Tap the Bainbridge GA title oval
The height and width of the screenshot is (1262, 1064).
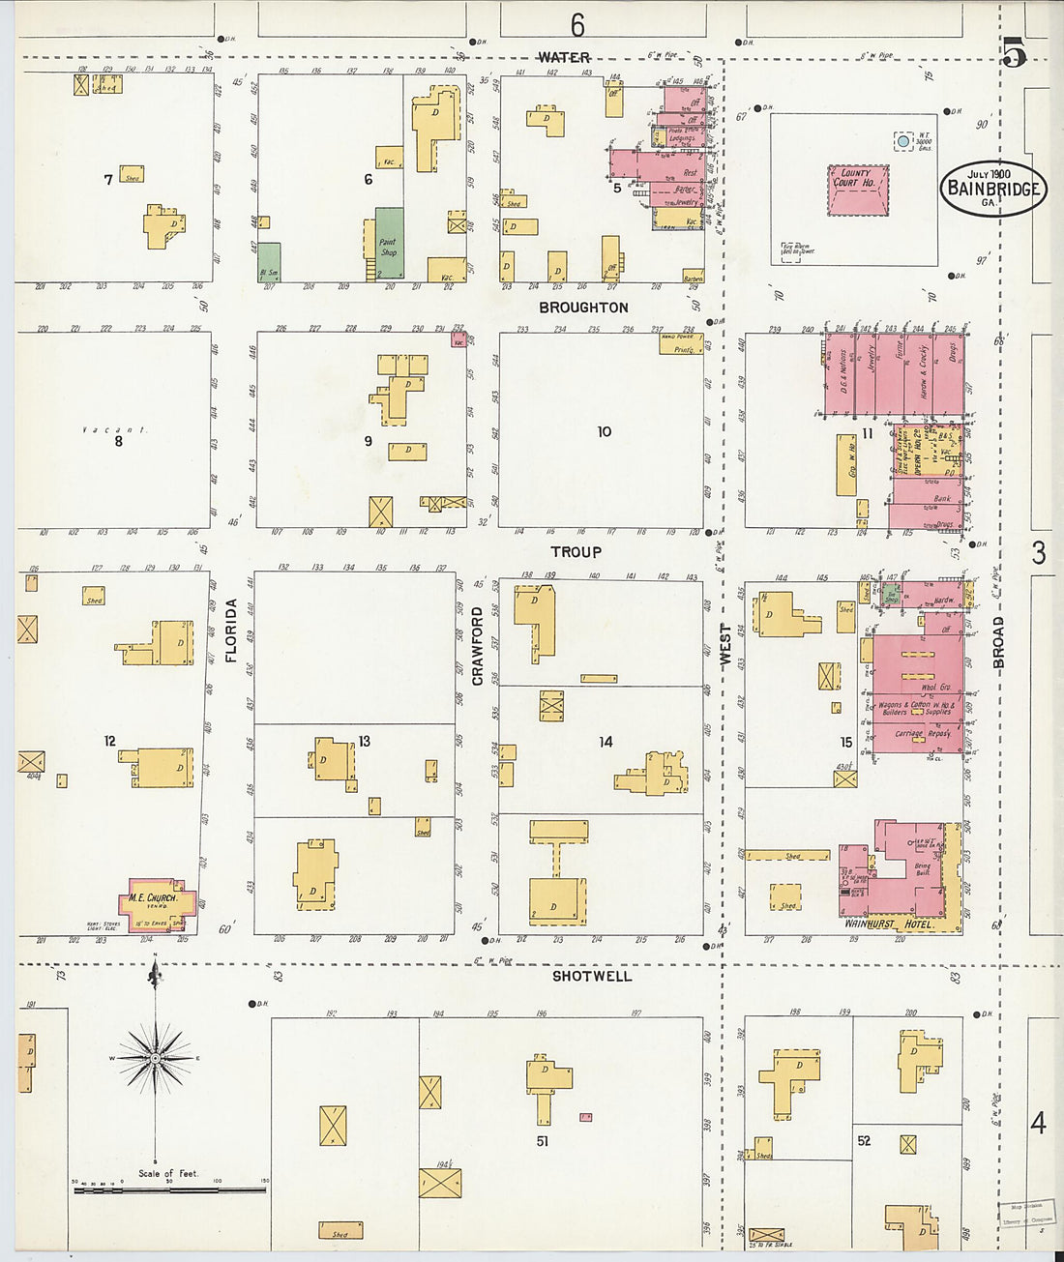(x=993, y=188)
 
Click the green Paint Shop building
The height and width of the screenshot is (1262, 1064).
(x=389, y=243)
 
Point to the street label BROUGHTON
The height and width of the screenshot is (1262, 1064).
(x=583, y=308)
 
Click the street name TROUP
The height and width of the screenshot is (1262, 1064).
(x=576, y=552)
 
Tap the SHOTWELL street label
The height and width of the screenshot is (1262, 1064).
(x=592, y=977)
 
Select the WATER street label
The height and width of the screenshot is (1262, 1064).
(x=564, y=58)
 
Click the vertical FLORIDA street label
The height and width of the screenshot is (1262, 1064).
(x=231, y=631)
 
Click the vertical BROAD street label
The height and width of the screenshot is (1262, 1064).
(x=998, y=642)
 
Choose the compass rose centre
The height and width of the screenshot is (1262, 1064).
(x=155, y=1059)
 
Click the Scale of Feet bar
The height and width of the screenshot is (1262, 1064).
(x=170, y=1189)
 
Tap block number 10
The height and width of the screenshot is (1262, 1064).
(x=605, y=431)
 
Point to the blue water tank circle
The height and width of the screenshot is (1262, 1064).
(x=903, y=141)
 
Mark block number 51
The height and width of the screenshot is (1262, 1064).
(x=543, y=1141)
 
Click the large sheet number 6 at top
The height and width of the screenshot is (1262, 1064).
(x=577, y=23)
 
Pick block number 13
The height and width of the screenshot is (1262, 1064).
(x=364, y=742)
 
